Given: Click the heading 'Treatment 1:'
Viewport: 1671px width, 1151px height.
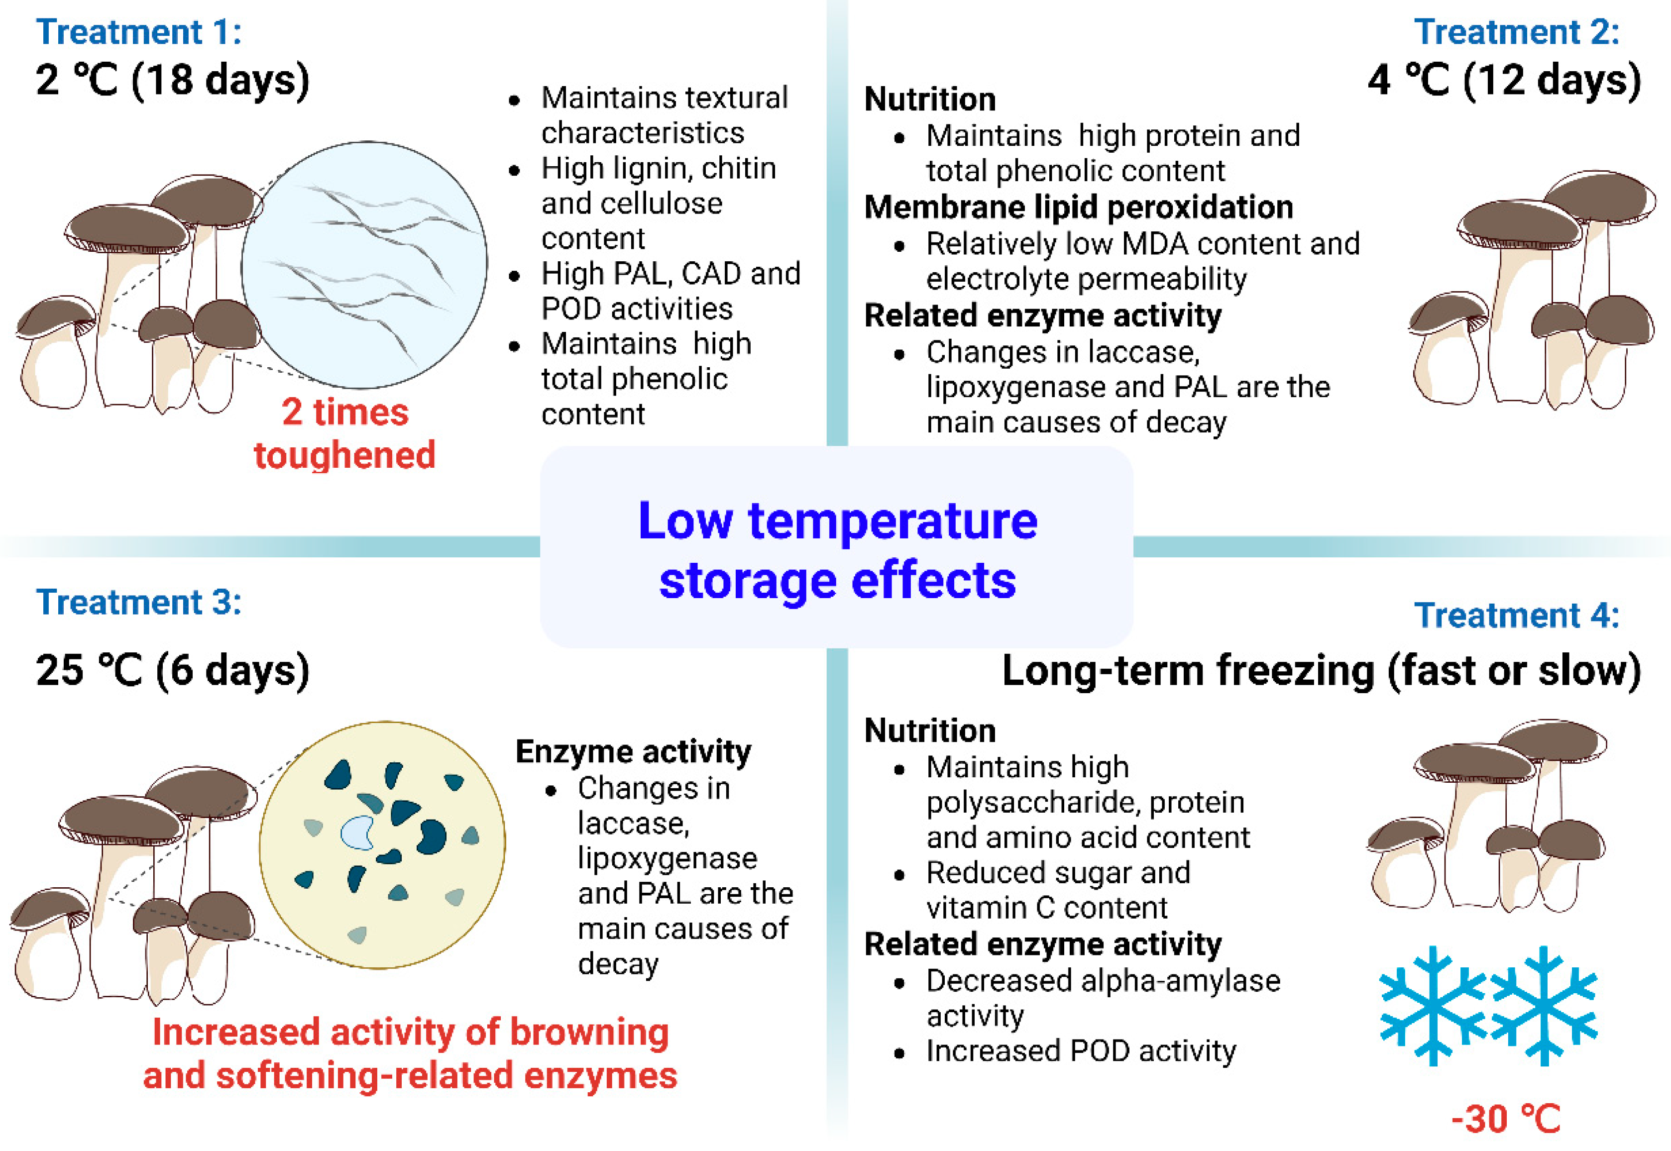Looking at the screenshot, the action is (139, 32).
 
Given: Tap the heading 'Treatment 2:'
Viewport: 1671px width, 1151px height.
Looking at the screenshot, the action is (1517, 32).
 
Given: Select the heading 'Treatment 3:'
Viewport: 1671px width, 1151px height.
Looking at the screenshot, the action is (139, 602).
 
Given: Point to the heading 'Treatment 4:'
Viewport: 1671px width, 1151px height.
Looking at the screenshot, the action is (1517, 615).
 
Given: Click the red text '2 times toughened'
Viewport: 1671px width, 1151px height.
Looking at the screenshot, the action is (345, 433).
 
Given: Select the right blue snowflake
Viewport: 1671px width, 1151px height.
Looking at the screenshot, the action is (1544, 1006).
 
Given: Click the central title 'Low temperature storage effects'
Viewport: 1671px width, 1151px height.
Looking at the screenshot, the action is (837, 550).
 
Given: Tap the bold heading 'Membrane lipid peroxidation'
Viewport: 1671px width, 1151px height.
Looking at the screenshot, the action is (1079, 208).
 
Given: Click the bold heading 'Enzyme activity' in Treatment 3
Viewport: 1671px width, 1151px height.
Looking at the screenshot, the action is (633, 751).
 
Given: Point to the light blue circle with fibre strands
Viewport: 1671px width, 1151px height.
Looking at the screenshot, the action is (364, 265).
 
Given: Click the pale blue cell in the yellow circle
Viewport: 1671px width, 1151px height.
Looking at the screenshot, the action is (358, 833).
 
